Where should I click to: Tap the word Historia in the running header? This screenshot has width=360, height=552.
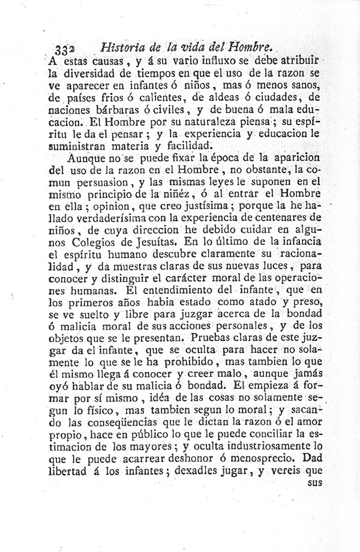click(125, 46)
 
